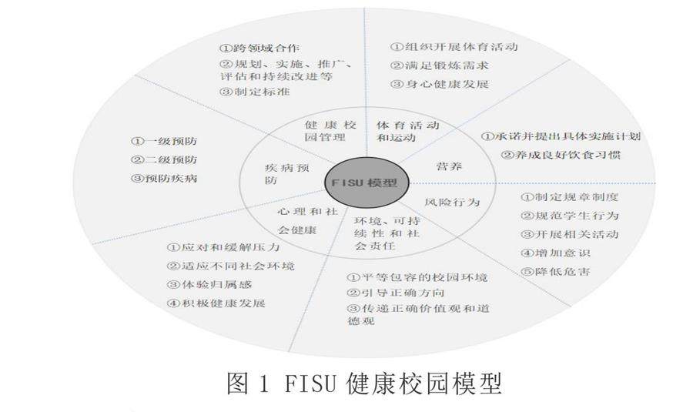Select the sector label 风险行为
click(452, 202)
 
